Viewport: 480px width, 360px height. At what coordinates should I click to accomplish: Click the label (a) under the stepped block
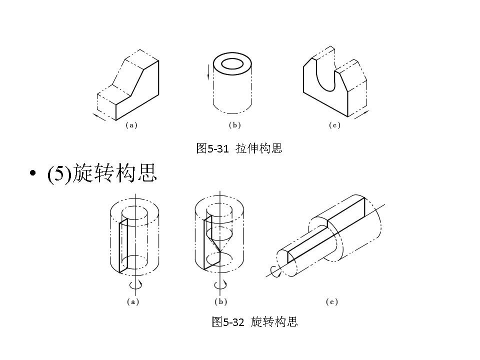click(131, 126)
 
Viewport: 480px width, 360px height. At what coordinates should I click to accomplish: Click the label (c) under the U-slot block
click(334, 126)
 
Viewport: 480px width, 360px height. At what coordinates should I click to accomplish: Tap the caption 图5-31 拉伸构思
click(239, 148)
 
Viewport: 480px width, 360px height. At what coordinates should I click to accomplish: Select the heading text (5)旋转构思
click(102, 173)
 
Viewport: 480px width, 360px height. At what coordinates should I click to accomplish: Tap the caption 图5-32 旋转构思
click(255, 321)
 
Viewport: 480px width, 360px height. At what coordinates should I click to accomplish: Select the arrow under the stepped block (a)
click(100, 117)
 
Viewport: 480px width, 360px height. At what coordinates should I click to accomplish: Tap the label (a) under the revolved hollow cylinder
click(132, 302)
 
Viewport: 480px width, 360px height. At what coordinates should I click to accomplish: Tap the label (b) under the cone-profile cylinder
click(220, 302)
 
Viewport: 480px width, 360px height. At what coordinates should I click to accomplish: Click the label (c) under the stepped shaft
click(331, 302)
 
